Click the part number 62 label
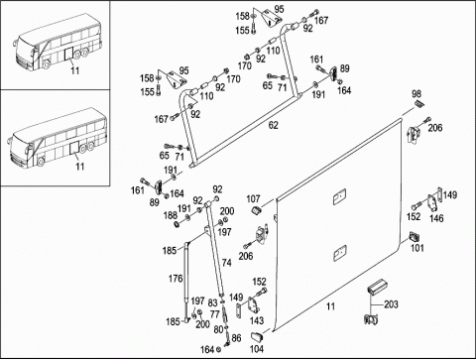[x=274, y=125]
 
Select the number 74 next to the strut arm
[x=227, y=263]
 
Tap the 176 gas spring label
[x=176, y=279]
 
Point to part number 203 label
[x=391, y=304]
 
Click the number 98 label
[x=416, y=93]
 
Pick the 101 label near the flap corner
[x=417, y=248]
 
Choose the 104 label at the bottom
[x=257, y=349]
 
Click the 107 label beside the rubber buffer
[x=253, y=199]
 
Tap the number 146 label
[x=436, y=218]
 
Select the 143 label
[x=257, y=320]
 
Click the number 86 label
[x=236, y=338]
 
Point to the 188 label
[x=171, y=215]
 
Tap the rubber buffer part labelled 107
[x=257, y=209]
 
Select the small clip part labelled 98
[x=418, y=103]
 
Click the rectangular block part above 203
[x=378, y=286]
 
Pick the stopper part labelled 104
[x=257, y=337]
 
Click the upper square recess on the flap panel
[x=339, y=196]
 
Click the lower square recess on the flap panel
[x=339, y=253]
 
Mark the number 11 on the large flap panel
[x=330, y=306]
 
